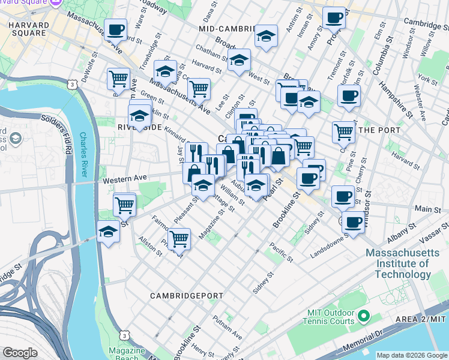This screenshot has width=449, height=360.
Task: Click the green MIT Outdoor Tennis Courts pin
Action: (363, 315)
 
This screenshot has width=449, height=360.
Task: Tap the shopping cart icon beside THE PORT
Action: (343, 131)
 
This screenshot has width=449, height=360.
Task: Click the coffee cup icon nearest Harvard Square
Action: (116, 29)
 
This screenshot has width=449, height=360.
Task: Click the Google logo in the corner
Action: (20, 353)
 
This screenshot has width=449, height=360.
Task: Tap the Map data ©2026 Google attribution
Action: (411, 355)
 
